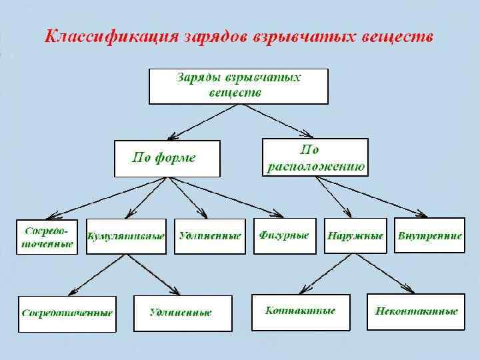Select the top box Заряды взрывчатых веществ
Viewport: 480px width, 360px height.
point(238,85)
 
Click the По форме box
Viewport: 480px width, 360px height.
point(167,158)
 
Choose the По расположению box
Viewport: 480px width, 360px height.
point(315,157)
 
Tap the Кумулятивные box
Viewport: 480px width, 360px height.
point(126,236)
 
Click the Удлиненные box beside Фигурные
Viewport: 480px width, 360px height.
point(209,236)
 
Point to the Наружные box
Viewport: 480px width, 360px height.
point(355,235)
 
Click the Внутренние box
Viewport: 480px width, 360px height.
point(429,235)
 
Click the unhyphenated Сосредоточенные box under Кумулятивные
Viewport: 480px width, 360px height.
point(67,313)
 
